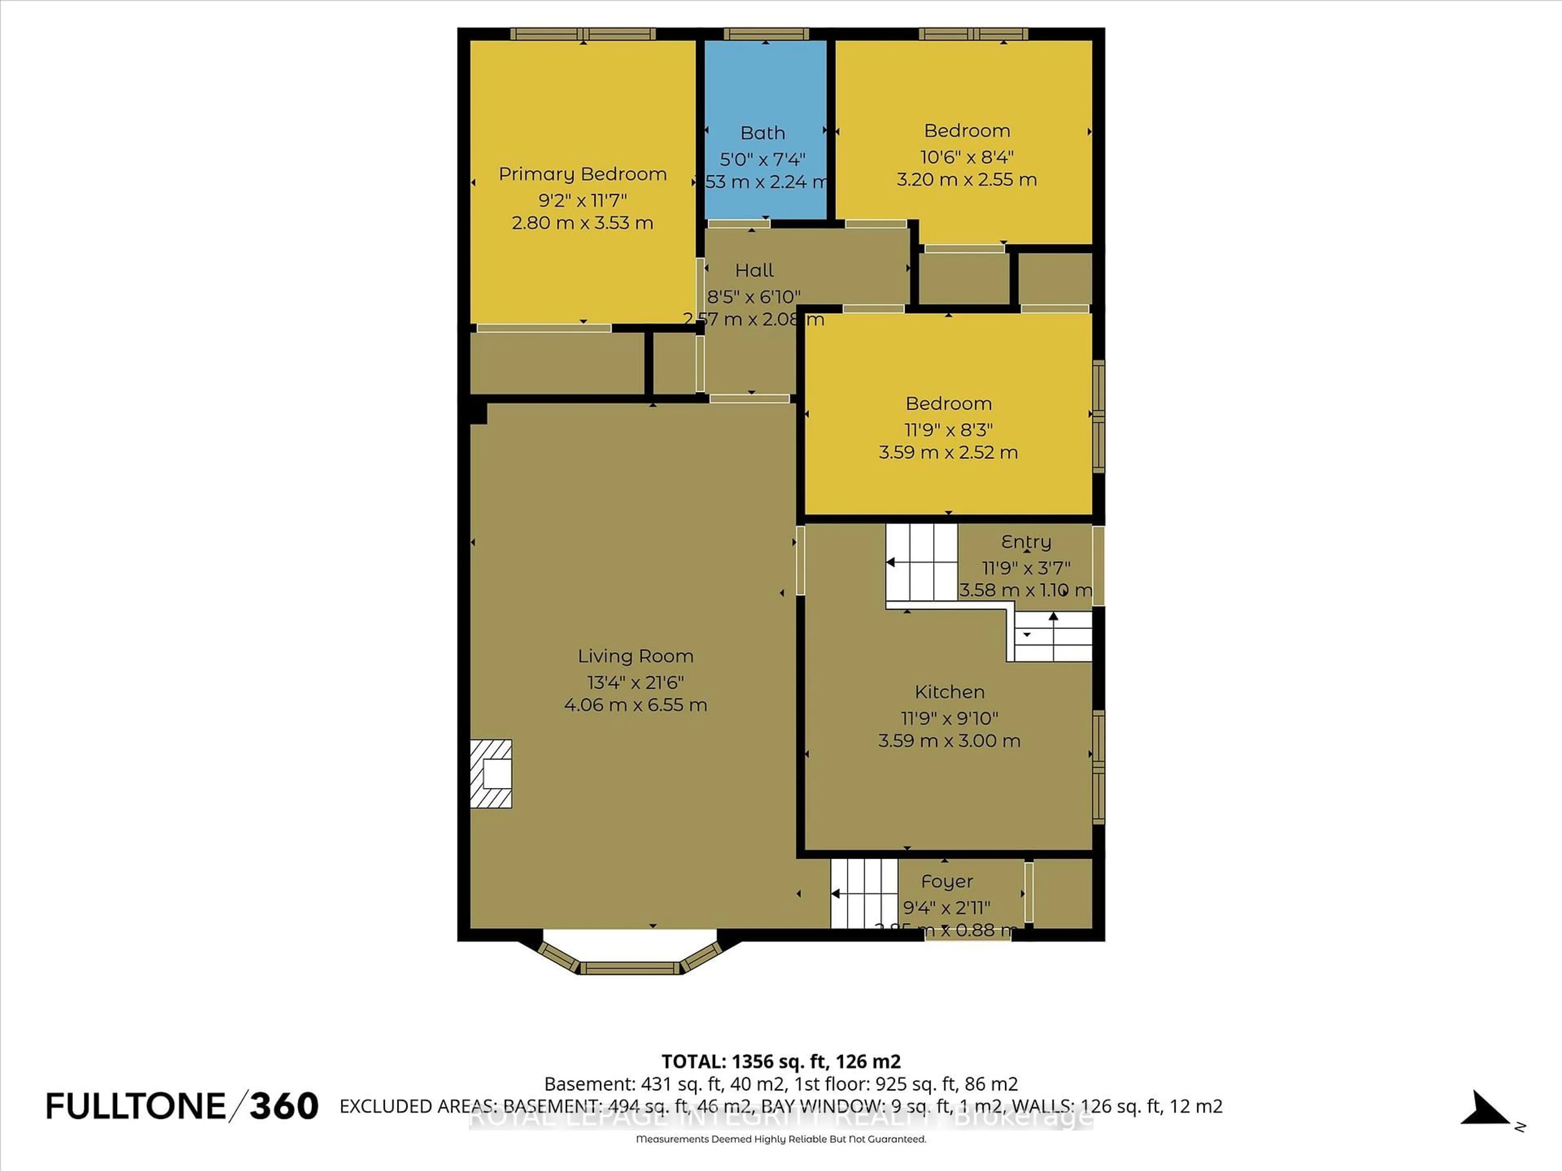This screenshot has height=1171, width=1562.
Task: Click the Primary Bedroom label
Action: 582,174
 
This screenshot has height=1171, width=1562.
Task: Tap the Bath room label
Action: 763,133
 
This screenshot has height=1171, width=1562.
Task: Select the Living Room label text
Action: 635,656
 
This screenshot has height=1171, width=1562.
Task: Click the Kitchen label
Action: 949,692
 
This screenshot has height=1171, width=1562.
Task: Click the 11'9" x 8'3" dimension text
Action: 948,429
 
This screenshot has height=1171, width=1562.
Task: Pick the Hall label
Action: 754,270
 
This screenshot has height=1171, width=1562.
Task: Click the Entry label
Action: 1026,542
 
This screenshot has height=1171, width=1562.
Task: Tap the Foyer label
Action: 947,882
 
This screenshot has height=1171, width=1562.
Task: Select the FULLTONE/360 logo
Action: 182,1106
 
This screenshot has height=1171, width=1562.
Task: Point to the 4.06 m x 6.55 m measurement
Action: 635,705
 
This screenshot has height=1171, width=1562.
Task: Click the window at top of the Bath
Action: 766,34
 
